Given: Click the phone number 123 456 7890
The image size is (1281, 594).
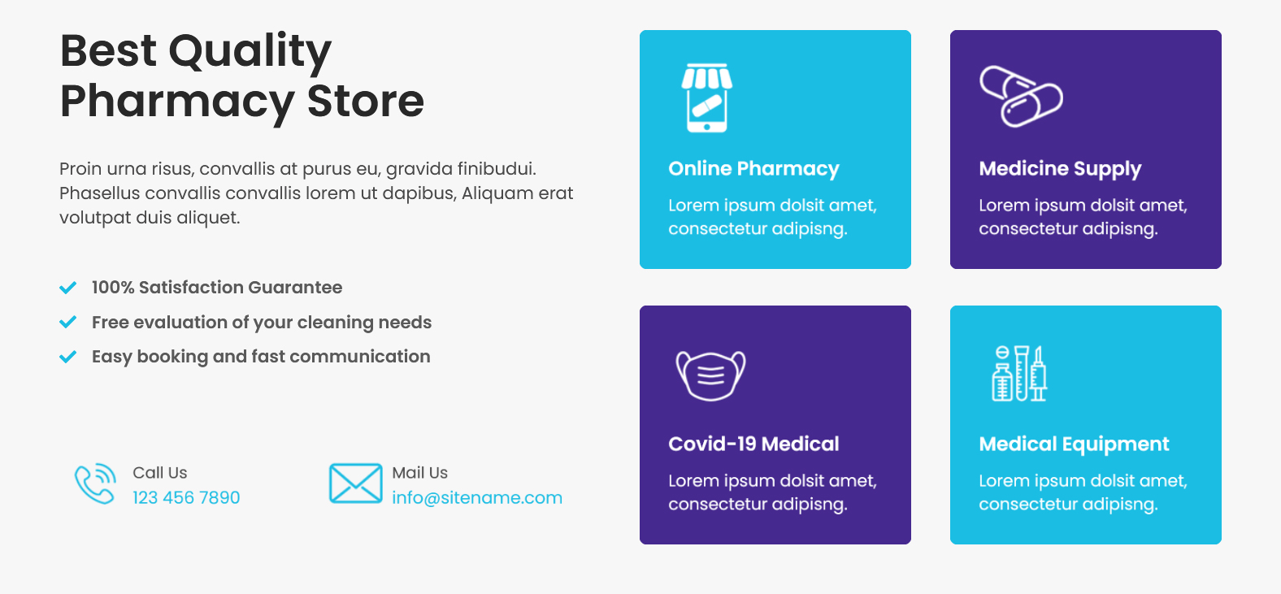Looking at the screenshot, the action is coord(186,497).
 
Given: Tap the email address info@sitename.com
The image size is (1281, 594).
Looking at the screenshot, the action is coord(477,497).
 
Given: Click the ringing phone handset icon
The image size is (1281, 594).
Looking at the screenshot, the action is coord(95,483).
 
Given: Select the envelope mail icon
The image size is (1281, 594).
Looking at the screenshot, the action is coord(355,483).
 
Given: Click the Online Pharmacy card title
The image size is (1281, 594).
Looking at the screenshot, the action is coord(753,169).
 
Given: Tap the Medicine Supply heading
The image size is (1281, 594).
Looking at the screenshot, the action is coord(1060,169).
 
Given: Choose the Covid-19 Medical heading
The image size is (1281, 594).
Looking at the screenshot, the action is coord(753,444).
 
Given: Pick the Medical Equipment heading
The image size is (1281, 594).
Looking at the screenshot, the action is coord(1074,444).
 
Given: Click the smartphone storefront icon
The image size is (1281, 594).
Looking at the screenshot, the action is coord(707,98).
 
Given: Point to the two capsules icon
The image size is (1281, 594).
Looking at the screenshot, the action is coord(1021,96).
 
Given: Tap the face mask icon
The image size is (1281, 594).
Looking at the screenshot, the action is coord(711,375).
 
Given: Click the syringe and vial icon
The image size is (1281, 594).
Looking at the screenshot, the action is coord(1019,373).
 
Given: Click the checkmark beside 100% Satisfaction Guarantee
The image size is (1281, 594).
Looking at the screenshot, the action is coord(68,287).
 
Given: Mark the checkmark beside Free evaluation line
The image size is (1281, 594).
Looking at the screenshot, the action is coord(68,322).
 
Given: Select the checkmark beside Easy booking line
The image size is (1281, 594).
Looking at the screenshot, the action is coord(68,357).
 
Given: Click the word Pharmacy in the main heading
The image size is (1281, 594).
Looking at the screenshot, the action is coord(177,102).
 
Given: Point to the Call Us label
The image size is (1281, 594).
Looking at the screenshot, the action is coord(159,473).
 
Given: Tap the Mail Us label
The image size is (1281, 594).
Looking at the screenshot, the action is coord(419,473).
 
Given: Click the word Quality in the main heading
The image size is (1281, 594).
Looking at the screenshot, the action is coord(250,51).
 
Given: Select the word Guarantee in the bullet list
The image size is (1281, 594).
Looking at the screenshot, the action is coord(295,287).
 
